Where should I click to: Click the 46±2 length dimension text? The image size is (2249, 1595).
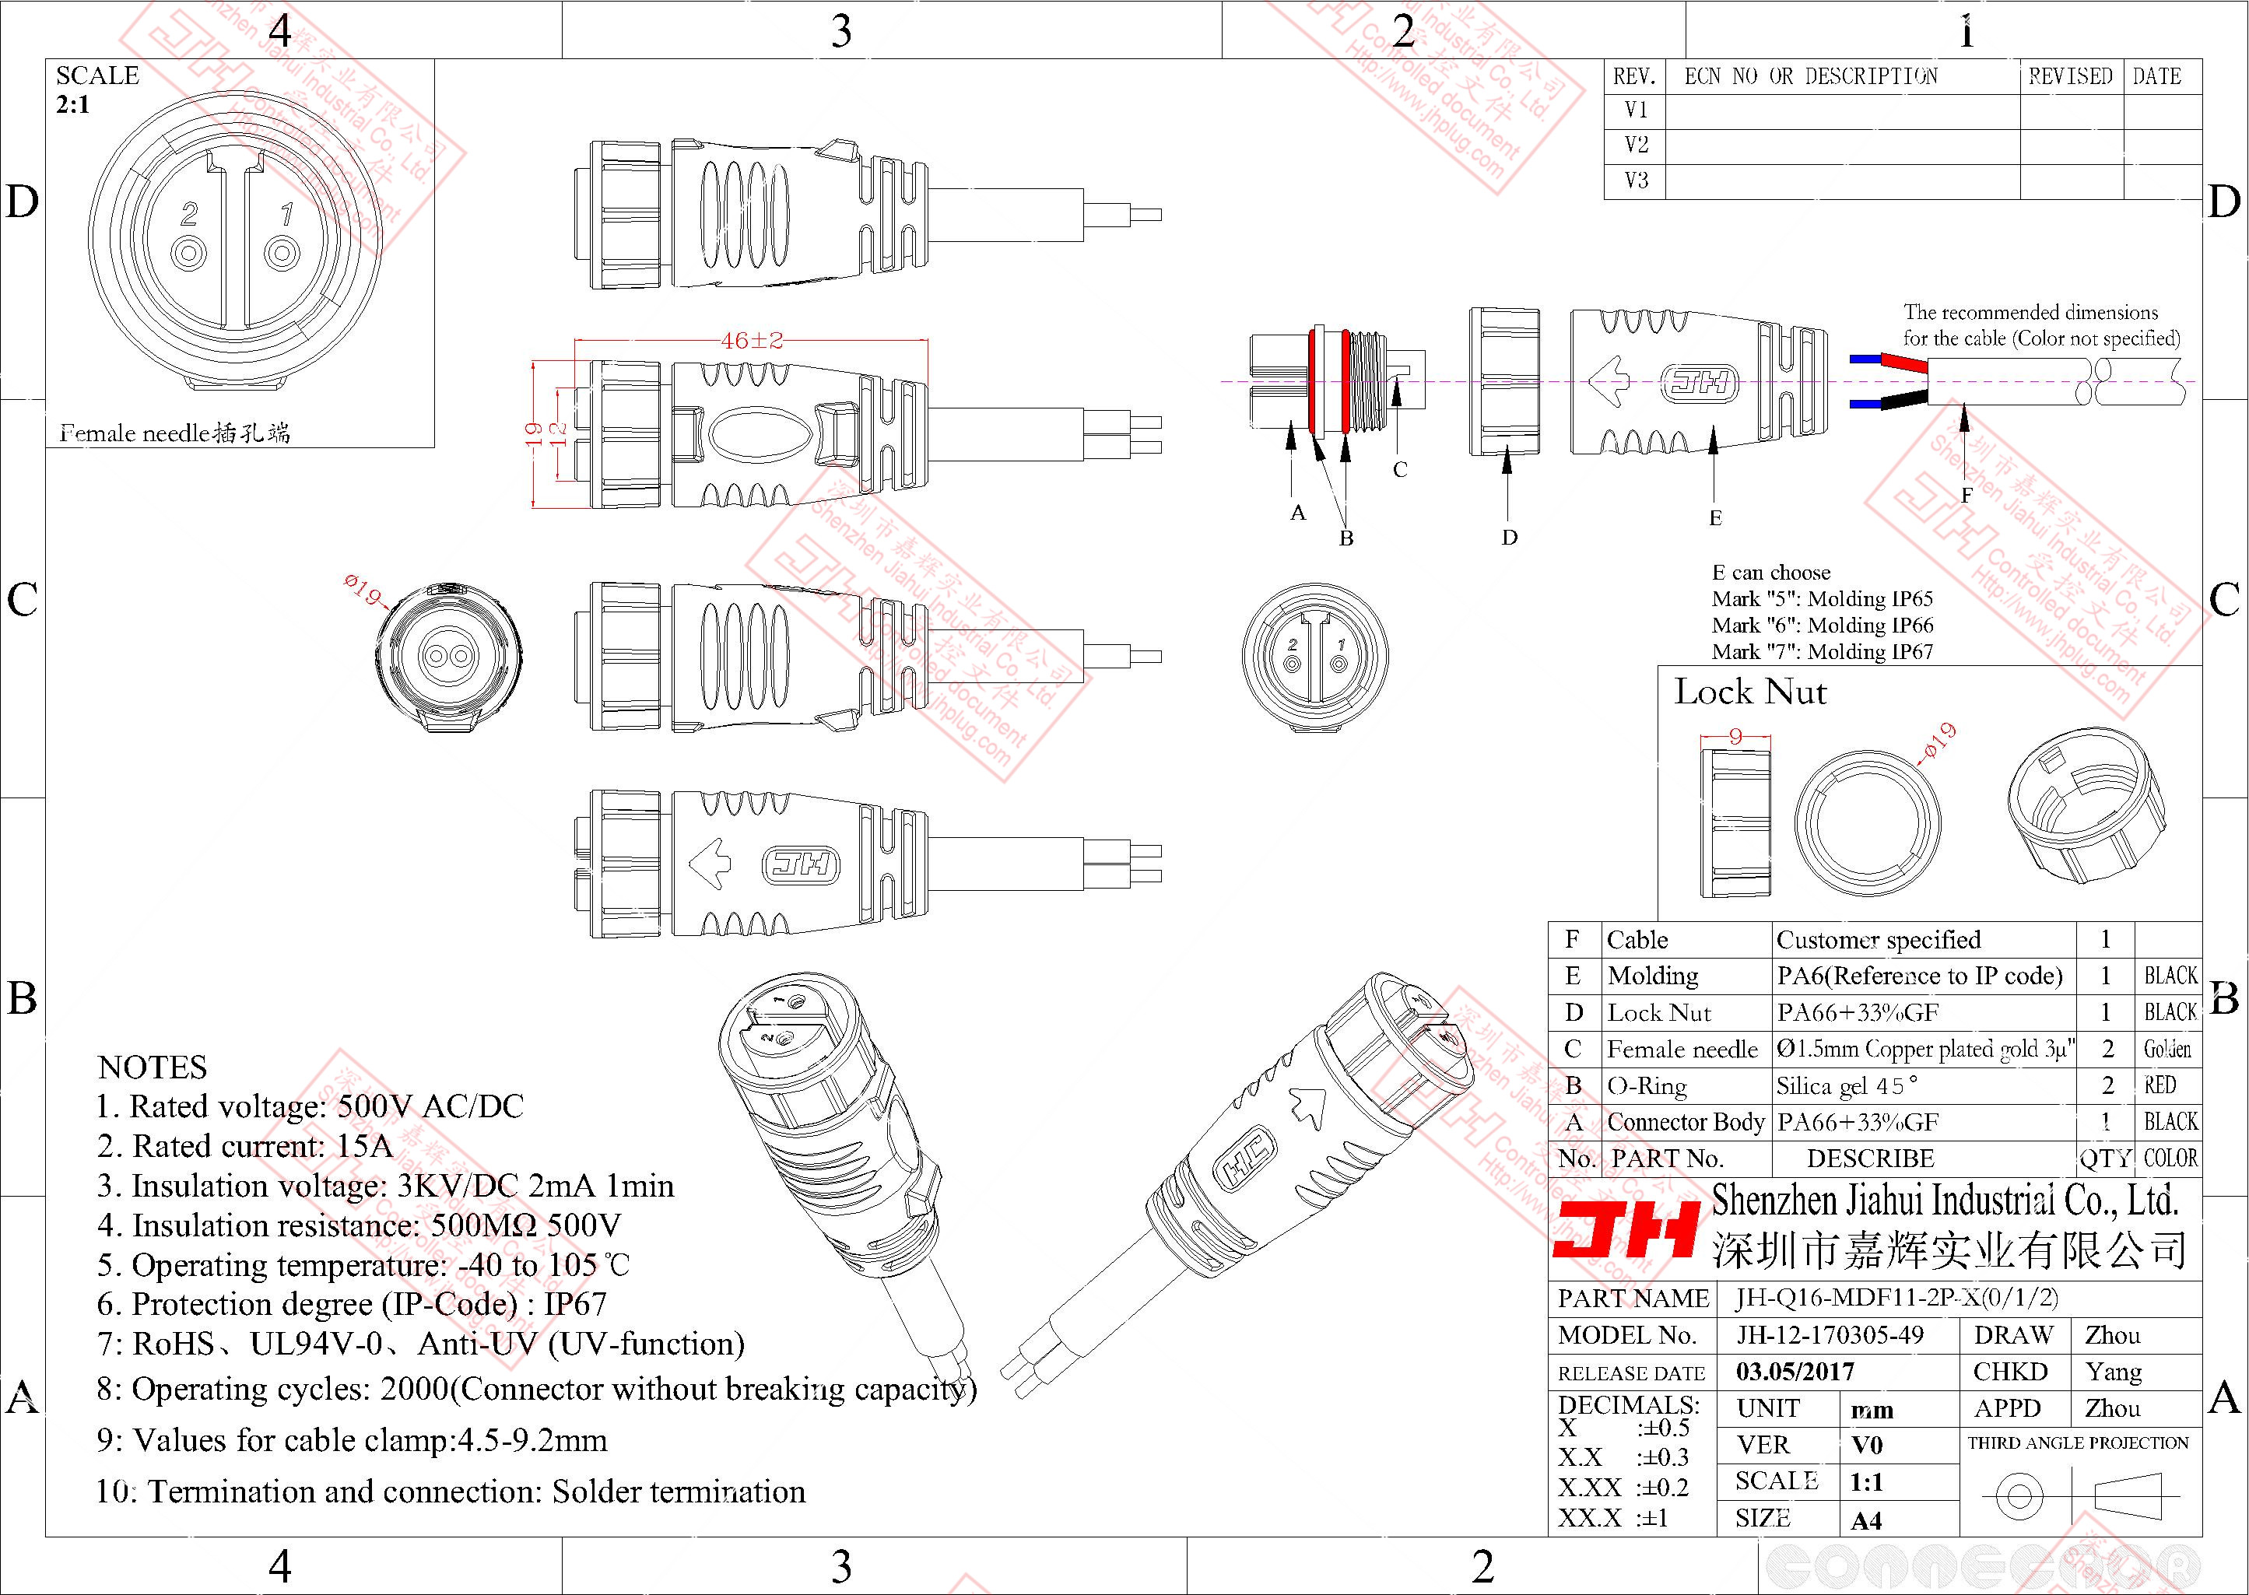(751, 341)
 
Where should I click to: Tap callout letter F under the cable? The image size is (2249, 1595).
(1967, 495)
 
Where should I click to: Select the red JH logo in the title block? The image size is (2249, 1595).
(1626, 1231)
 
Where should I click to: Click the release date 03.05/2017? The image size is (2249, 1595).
(1795, 1372)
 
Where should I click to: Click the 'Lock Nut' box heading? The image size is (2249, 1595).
(1750, 692)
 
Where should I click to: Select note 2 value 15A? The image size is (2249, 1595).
(364, 1146)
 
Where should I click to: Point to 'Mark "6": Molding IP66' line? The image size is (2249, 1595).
(1822, 626)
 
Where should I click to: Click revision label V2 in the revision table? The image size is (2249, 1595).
(1637, 145)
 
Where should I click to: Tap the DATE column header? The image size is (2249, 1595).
(2156, 76)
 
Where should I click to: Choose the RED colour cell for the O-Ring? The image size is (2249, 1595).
(2160, 1085)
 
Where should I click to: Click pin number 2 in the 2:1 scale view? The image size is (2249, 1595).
(190, 214)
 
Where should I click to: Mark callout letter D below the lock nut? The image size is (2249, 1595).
(1510, 537)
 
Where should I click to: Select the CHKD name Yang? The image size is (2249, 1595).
(2114, 1372)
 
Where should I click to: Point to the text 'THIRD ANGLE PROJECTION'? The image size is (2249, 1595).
(2078, 1443)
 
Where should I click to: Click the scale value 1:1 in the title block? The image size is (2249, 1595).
(1866, 1482)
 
